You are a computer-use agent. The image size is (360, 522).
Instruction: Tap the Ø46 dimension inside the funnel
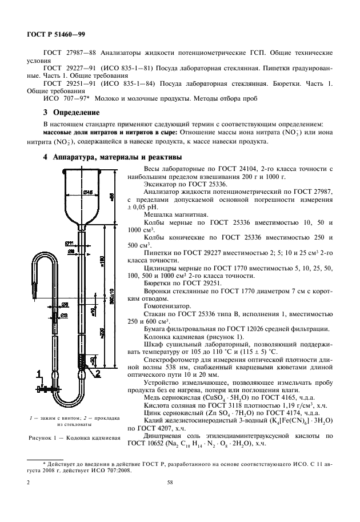(88, 192)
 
